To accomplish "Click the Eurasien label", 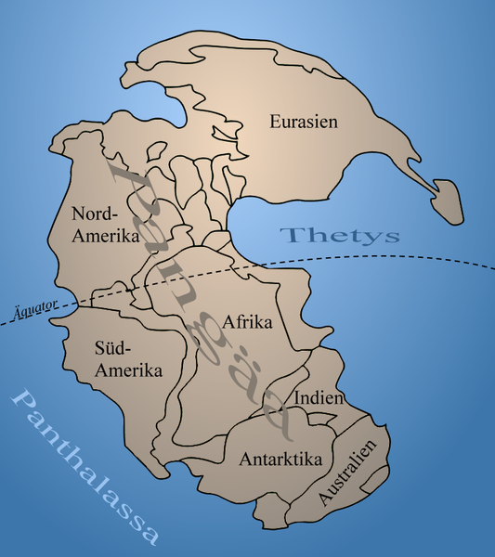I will click(x=303, y=121).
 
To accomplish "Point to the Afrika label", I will click(x=247, y=323).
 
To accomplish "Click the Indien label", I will click(x=319, y=398).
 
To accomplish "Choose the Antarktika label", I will click(x=280, y=459).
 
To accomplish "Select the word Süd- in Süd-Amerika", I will click(x=112, y=349).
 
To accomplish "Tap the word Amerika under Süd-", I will click(x=129, y=370).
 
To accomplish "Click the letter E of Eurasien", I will click(x=275, y=121).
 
